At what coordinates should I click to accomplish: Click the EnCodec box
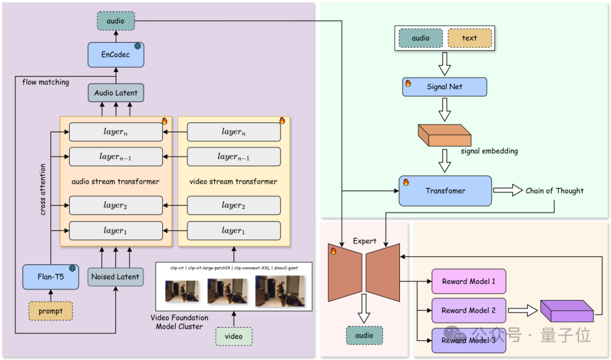tap(115, 54)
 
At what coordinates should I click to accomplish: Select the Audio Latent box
tap(115, 93)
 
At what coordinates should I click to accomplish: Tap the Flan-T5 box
tap(50, 277)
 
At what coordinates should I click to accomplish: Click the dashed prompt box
tap(50, 311)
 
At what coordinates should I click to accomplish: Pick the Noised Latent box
tap(115, 277)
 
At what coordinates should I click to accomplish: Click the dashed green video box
tap(234, 336)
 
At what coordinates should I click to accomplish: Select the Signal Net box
tap(444, 87)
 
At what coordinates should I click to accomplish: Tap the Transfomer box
tap(445, 191)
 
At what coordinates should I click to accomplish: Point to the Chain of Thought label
tap(554, 191)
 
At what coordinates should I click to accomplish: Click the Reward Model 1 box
tap(468, 281)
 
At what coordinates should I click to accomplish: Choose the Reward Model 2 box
tap(468, 310)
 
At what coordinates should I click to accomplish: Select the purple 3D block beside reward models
tap(566, 311)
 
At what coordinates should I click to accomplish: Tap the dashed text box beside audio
tap(470, 38)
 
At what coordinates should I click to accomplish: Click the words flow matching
tap(45, 82)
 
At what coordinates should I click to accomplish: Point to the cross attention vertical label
tap(44, 190)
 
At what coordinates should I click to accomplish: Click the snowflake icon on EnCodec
tap(137, 46)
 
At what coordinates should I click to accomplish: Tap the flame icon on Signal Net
tap(407, 83)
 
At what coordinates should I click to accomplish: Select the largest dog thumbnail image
tap(279, 290)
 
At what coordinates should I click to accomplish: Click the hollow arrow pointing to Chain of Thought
tap(508, 191)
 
